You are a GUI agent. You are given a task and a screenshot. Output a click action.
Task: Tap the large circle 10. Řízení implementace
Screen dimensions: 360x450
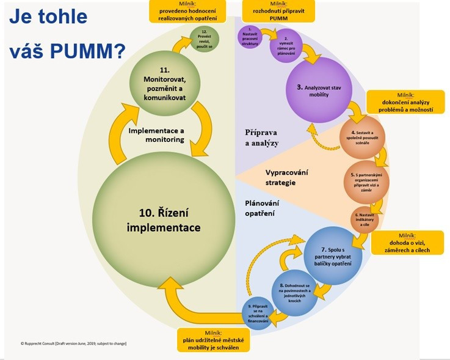[x=164, y=219]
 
